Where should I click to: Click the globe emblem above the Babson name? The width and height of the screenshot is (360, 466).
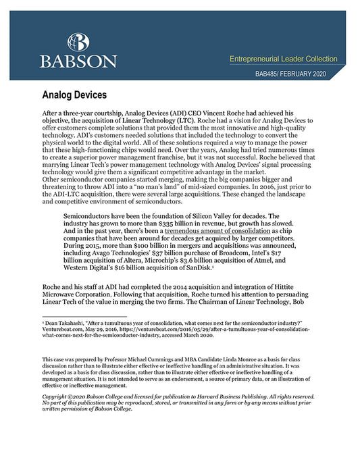pyautogui.click(x=78, y=41)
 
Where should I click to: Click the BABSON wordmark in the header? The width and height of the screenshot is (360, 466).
pyautogui.click(x=78, y=61)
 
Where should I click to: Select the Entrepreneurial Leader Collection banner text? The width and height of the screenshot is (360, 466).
pyautogui.click(x=287, y=60)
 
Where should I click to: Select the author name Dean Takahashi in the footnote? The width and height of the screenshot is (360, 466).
pyautogui.click(x=66, y=323)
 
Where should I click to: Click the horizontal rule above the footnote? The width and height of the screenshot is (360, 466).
pyautogui.click(x=74, y=316)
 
